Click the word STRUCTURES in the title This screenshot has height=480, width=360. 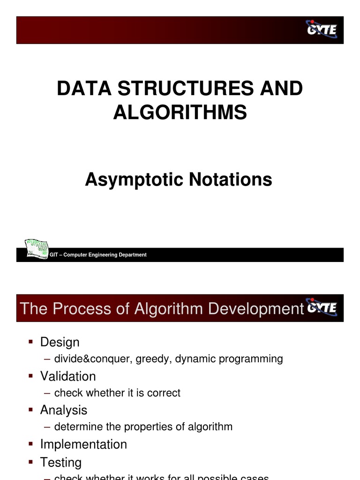click(x=180, y=89)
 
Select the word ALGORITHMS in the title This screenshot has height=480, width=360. click(x=180, y=112)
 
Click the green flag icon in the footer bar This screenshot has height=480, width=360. click(x=37, y=249)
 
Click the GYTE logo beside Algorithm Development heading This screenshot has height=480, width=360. click(x=322, y=307)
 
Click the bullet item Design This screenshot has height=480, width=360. click(x=60, y=342)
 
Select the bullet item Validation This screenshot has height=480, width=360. click(x=68, y=376)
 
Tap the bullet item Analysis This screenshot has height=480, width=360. click(x=64, y=410)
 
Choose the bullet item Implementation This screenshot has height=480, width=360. click(x=83, y=444)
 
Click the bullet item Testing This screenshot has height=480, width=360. click(x=61, y=463)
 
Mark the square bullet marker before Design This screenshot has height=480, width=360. click(x=30, y=342)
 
